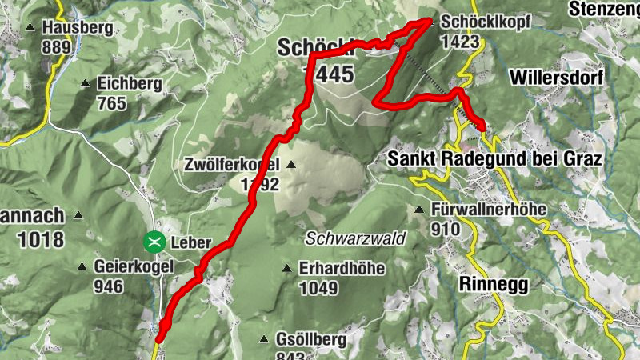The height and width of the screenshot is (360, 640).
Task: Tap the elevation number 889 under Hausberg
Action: coord(57,47)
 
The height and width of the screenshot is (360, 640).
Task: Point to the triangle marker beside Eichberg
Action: coord(86,83)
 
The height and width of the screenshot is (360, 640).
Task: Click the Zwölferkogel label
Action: coord(231,166)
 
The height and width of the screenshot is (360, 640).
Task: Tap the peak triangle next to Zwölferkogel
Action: coord(290,166)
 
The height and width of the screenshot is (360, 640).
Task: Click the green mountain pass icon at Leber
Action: coord(153,241)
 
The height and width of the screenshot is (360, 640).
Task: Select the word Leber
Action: coord(191,242)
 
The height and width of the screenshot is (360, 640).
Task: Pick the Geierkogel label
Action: coord(134,267)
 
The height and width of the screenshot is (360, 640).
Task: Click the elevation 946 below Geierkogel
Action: coord(108,286)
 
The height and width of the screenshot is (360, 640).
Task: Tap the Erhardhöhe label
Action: coord(342,269)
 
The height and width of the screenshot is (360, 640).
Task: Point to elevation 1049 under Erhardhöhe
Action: coord(318,288)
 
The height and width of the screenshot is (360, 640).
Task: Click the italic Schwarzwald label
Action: coord(356,238)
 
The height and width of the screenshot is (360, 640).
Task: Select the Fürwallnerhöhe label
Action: coord(488,210)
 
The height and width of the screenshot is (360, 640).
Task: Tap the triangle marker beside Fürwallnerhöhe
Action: coord(419,210)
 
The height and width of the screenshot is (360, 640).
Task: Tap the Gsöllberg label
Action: coord(310,340)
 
